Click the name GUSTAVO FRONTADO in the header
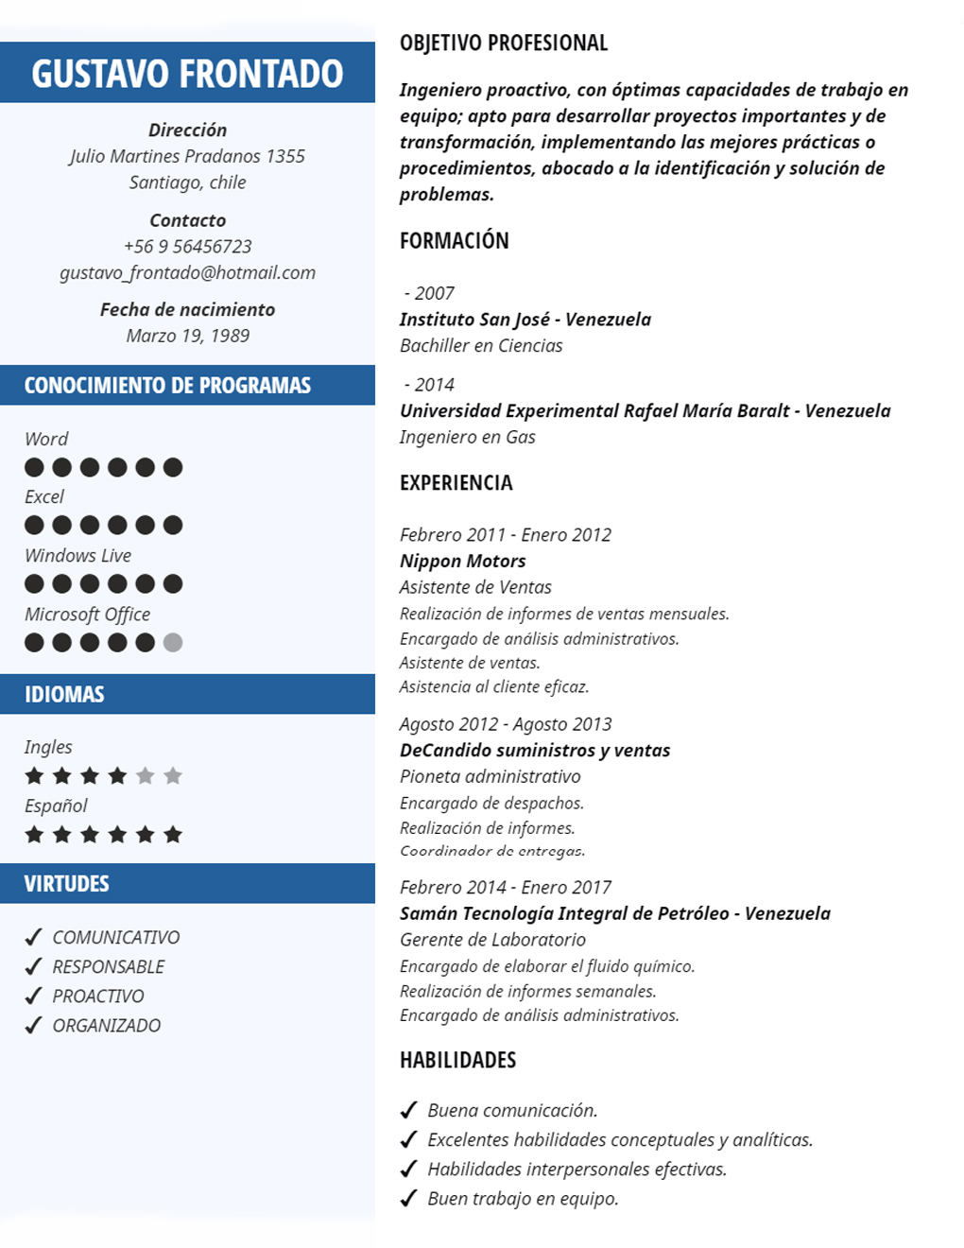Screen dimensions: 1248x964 pos(187,74)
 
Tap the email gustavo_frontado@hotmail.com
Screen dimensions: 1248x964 pos(187,273)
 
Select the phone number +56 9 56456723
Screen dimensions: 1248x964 pos(187,247)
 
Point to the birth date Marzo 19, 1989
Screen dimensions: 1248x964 pos(187,336)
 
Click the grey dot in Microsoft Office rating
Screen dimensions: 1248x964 pos(173,643)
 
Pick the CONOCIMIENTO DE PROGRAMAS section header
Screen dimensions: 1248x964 pos(167,386)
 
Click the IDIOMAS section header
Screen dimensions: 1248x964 pos(64,695)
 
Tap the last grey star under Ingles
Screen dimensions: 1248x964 pos(173,776)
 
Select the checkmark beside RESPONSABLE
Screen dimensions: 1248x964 pos(34,966)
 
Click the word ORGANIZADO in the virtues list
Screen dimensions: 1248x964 pos(107,1026)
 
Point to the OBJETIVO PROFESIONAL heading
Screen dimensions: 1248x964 pos(504,43)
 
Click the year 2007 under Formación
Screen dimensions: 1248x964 pos(434,294)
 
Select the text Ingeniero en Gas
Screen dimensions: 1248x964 pos(468,437)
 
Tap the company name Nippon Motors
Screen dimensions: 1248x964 pos(462,561)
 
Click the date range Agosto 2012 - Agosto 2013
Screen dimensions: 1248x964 pos(506,724)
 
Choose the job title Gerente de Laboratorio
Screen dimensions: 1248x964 pos(492,940)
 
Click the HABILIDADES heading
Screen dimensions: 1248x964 pos(457,1061)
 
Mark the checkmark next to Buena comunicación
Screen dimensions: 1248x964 pos(409,1110)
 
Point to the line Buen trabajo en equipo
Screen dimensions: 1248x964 pos(523,1199)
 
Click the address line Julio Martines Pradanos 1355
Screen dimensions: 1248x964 pos(187,156)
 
